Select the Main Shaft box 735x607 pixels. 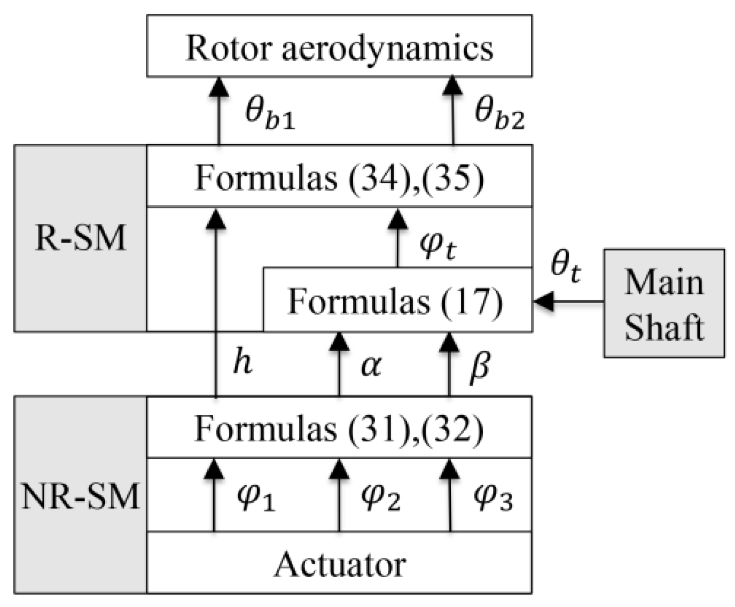664,302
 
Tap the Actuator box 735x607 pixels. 339,563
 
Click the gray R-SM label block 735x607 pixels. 81,238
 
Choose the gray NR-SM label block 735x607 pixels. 81,495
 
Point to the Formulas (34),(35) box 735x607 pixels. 339,176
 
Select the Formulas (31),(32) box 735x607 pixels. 339,427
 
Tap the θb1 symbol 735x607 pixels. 269,113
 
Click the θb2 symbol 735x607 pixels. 499,113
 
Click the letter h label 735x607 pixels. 241,363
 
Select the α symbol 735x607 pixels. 371,366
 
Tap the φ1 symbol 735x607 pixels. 255,498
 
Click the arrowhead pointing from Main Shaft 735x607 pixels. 543,302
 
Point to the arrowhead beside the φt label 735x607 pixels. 397,218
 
